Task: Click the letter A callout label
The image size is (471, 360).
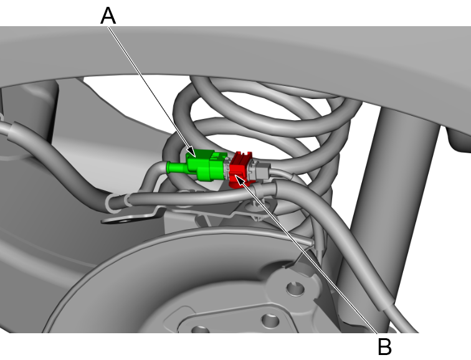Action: tap(108, 16)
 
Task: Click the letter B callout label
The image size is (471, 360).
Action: tap(384, 346)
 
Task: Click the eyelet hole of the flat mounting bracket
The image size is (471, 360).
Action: tap(115, 220)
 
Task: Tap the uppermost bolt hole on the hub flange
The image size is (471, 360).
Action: tap(291, 288)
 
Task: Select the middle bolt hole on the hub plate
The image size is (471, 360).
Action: tap(269, 321)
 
